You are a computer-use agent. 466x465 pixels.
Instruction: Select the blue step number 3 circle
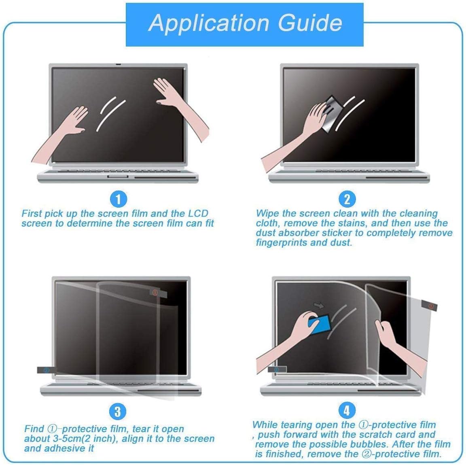tap(117, 412)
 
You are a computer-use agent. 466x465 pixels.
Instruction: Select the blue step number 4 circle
tap(346, 411)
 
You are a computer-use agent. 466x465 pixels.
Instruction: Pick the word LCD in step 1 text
tap(197, 213)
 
